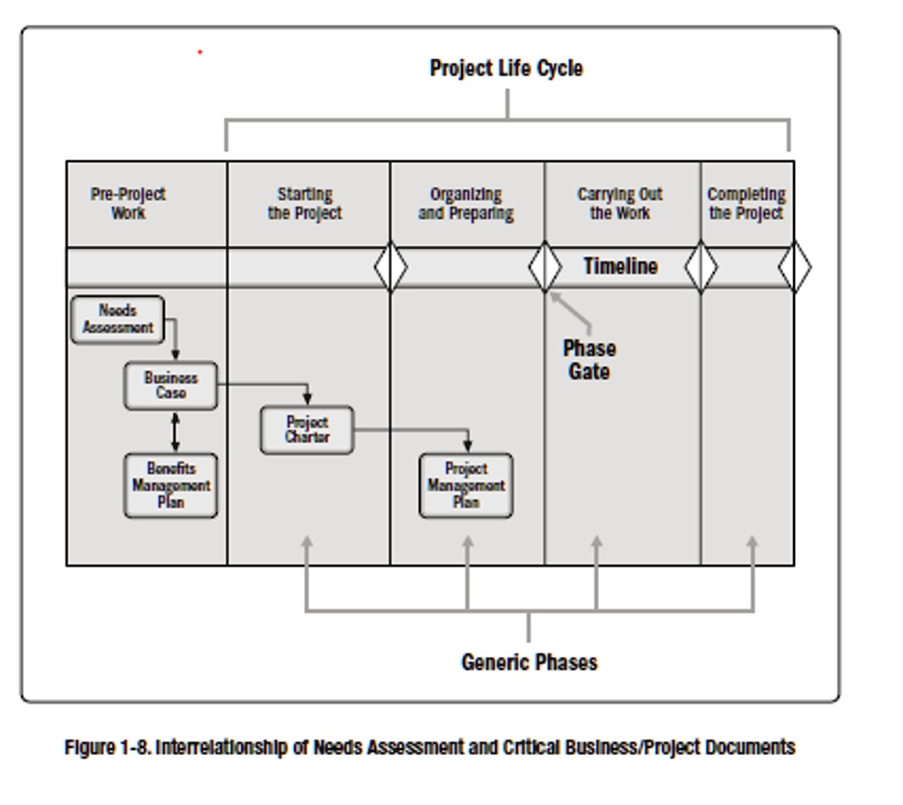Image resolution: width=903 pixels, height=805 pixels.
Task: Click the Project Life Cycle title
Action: [x=506, y=69]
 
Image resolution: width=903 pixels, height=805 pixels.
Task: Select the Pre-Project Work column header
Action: [x=127, y=204]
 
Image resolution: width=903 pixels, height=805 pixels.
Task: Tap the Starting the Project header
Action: [x=305, y=204]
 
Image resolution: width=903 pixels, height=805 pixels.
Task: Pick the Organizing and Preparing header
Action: [x=466, y=204]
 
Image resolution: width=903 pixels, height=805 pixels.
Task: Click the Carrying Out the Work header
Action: [x=619, y=204]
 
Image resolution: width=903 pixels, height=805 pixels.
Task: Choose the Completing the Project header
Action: [x=746, y=204]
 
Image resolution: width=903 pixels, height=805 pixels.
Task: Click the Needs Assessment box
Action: [x=117, y=319]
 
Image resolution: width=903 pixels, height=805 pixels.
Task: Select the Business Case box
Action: [x=171, y=386]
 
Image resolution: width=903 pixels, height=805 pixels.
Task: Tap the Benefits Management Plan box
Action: [x=171, y=486]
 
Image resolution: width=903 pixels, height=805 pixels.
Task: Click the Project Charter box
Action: [x=307, y=430]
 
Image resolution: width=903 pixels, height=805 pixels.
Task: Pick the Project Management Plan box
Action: [x=466, y=486]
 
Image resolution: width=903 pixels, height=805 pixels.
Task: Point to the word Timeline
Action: [x=619, y=266]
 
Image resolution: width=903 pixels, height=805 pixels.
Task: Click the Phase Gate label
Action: [x=588, y=359]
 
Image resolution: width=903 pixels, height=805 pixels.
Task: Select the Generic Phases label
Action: [x=529, y=662]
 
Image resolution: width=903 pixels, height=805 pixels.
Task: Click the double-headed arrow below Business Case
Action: [x=175, y=431]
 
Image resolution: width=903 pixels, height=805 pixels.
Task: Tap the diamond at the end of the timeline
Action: [x=794, y=267]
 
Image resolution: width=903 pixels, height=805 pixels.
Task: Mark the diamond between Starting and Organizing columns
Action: [x=390, y=267]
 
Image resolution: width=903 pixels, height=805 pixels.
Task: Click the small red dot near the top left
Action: [x=200, y=52]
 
